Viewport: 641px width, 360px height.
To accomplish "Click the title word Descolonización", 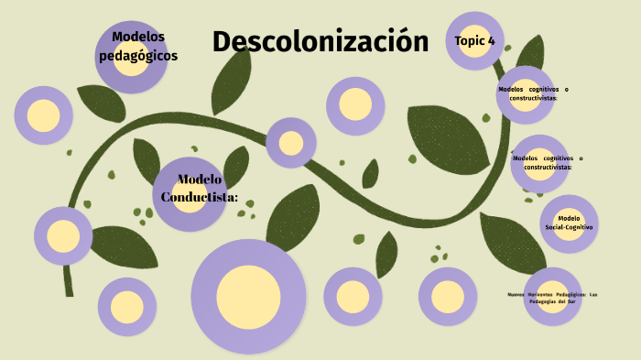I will (320, 41).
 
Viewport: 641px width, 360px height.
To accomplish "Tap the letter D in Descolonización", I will (223, 41).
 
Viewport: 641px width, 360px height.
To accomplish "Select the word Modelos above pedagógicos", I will (137, 37).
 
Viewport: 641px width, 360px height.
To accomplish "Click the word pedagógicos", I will (137, 56).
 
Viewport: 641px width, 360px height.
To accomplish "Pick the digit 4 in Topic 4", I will (492, 41).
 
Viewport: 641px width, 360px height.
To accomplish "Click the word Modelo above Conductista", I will (200, 180).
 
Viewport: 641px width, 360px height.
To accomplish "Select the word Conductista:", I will (200, 197).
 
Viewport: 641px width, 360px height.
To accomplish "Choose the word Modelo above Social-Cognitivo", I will (569, 218).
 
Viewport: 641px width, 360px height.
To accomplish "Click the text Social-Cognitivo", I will (569, 226).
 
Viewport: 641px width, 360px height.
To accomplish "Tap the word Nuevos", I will (518, 294).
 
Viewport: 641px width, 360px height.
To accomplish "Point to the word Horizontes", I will (544, 294).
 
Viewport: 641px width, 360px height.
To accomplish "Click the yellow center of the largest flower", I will (248, 296).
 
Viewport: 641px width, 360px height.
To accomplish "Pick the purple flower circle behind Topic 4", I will (476, 23).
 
